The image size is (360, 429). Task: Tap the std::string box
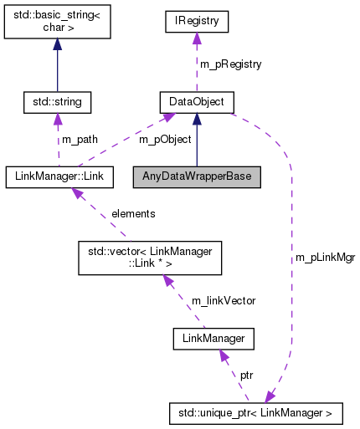point(58,102)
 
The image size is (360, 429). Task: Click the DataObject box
point(196,102)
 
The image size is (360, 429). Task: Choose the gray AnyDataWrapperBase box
point(196,177)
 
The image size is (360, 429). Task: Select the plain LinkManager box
point(213,338)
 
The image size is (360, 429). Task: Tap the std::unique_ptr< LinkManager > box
point(255,413)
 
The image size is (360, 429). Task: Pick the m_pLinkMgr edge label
point(325,258)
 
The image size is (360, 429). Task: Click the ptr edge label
point(246,375)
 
